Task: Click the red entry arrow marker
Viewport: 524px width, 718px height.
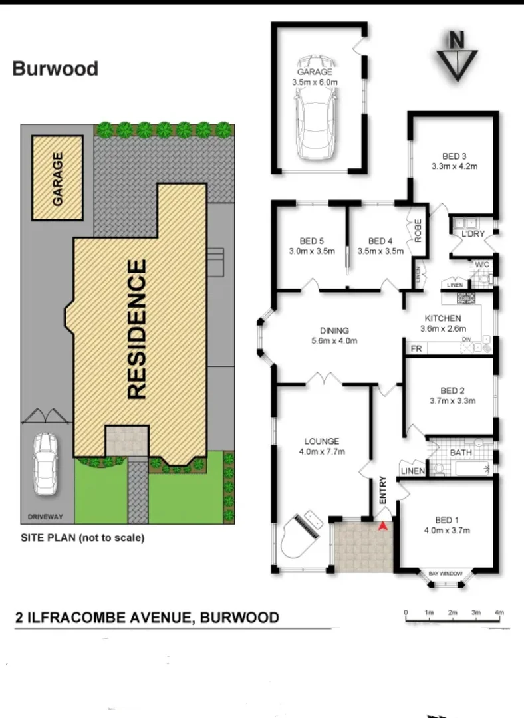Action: (382, 527)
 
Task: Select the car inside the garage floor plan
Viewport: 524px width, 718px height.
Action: (317, 126)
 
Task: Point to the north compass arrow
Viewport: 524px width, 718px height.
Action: (456, 57)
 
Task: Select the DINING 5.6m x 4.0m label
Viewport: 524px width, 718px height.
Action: (334, 336)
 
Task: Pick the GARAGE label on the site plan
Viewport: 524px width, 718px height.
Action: (58, 179)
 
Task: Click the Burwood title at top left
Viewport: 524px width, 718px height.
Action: (55, 68)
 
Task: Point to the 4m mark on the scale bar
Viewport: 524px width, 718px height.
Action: (499, 612)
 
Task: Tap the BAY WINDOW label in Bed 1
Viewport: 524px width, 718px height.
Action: (445, 572)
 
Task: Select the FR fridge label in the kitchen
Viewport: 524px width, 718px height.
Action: (416, 348)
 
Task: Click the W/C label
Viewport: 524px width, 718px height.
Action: (482, 265)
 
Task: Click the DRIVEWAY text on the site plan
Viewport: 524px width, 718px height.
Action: (45, 516)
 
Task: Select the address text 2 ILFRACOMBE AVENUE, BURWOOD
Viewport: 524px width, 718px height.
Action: (146, 618)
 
